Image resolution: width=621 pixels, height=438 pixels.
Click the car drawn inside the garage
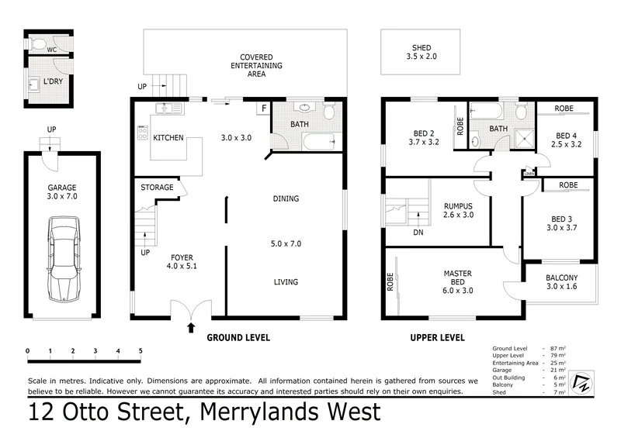point(64,258)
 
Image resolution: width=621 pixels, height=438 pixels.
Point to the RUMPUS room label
point(457,210)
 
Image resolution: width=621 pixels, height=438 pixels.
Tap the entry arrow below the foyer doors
point(191,327)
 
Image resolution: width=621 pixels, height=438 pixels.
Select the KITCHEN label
point(168,138)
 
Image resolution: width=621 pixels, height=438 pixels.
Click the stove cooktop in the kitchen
point(142,133)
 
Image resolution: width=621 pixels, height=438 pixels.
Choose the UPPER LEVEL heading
point(437,338)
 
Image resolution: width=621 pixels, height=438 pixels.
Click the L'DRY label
point(54,81)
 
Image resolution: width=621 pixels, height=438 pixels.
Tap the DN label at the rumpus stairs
point(418,232)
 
